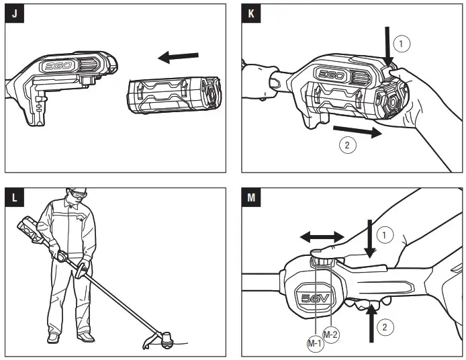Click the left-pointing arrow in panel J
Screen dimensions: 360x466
coord(178,58)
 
